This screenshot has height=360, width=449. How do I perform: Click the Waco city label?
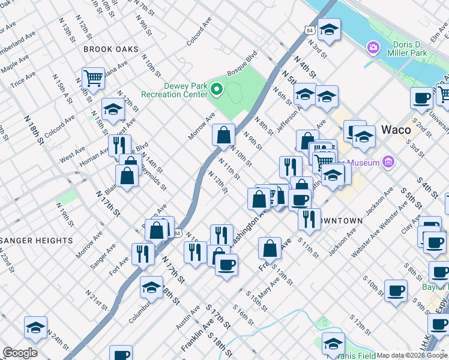396,130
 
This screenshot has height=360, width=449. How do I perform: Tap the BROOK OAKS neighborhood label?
111,49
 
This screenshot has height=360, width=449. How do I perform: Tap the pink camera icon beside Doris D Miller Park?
373,47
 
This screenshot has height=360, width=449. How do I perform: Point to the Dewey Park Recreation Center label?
174,90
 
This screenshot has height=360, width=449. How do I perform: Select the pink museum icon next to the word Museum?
388,162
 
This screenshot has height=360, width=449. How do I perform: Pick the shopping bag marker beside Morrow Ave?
223,136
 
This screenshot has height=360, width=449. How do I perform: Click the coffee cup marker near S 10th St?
396,292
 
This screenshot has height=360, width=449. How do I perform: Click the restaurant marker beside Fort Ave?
142,254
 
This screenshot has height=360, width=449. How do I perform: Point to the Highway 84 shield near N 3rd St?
309,29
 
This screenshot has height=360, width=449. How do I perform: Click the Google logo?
20,353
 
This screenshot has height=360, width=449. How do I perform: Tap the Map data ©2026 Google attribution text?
412,355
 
